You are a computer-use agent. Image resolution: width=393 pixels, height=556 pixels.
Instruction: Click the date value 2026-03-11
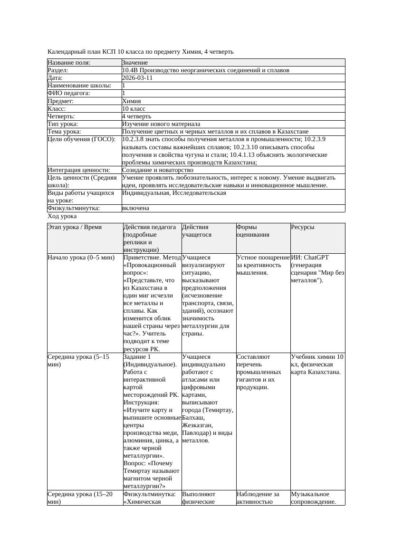pyautogui.click(x=137, y=78)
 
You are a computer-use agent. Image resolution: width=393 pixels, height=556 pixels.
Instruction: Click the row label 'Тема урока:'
pyautogui.click(x=64, y=131)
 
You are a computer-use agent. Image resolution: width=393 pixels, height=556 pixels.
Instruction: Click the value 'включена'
pyautogui.click(x=135, y=208)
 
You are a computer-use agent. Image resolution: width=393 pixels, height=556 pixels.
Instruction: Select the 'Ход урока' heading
pyautogui.click(x=62, y=216)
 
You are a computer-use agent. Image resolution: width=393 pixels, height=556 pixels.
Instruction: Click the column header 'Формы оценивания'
pyautogui.click(x=253, y=231)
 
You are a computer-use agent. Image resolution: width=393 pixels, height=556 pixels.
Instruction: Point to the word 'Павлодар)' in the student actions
pyautogui.click(x=195, y=432)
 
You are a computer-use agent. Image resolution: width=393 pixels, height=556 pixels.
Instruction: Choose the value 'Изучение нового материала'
pyautogui.click(x=161, y=124)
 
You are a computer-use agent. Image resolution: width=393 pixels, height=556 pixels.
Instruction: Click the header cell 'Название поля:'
pyautogui.click(x=69, y=63)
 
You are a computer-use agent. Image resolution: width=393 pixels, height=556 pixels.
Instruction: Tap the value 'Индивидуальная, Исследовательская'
pyautogui.click(x=174, y=193)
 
